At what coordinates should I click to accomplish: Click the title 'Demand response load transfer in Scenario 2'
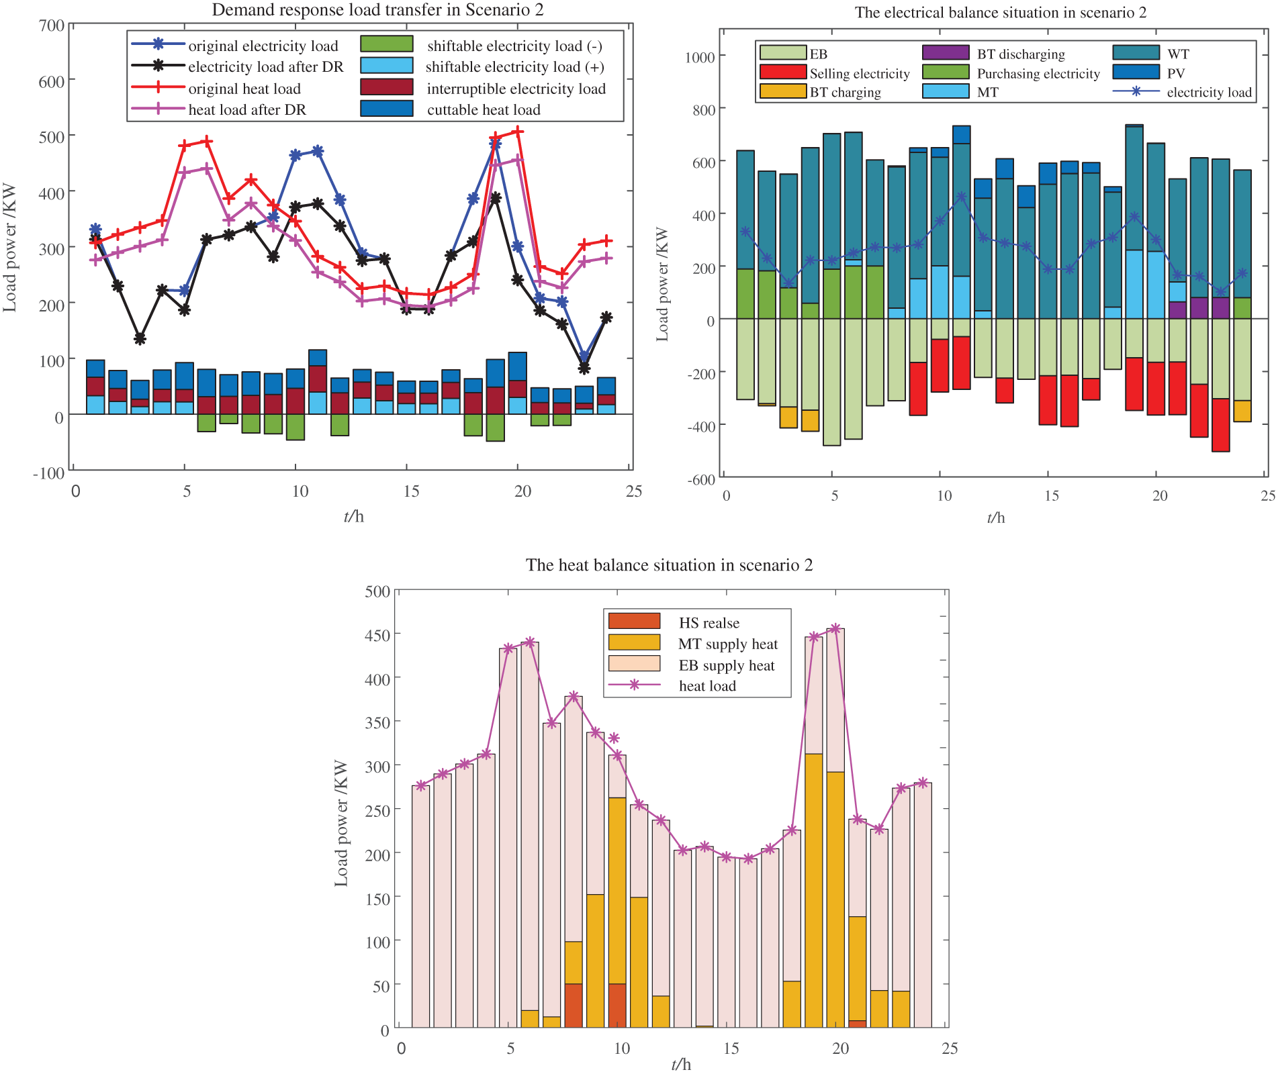click(x=377, y=10)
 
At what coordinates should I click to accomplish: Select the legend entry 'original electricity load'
click(x=263, y=46)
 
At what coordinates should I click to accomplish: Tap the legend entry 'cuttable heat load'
click(x=484, y=109)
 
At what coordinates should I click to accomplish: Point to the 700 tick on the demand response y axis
click(x=52, y=26)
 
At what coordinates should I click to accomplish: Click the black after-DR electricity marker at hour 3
click(x=140, y=339)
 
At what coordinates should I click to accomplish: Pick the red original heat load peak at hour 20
click(x=518, y=132)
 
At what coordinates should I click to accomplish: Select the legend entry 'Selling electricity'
click(x=859, y=73)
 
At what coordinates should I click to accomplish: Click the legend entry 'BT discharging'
click(x=1020, y=54)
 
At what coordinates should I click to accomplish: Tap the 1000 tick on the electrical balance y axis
click(x=699, y=56)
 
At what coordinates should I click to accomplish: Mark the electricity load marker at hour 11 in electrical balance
click(x=962, y=197)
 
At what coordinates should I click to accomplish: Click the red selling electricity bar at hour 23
click(x=1220, y=425)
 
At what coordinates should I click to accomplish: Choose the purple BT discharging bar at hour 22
click(x=1199, y=307)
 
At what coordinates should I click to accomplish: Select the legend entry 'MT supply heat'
click(x=727, y=644)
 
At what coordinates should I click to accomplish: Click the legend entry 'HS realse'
click(x=709, y=623)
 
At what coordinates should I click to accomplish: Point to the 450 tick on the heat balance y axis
click(x=377, y=634)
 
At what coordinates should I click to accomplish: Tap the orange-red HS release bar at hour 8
click(x=574, y=1005)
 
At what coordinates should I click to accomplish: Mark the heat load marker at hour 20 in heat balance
click(x=835, y=629)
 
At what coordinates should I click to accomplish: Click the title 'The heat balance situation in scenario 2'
click(x=669, y=565)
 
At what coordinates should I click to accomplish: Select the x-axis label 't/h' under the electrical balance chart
click(x=995, y=517)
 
